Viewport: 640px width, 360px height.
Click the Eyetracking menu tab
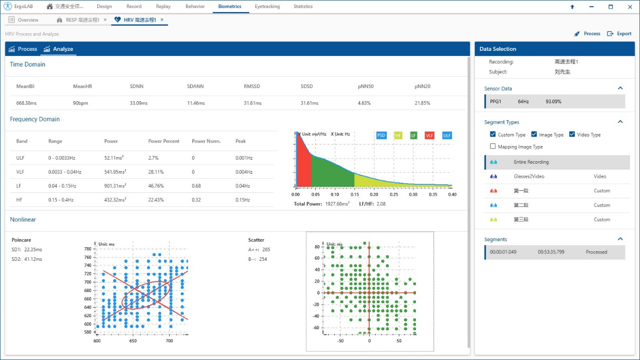click(x=267, y=7)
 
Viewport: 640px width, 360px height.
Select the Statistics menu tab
click(x=303, y=7)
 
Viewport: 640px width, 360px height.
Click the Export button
click(x=619, y=34)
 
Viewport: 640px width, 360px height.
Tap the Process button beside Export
click(x=588, y=34)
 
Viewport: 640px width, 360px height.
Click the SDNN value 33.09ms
click(x=138, y=103)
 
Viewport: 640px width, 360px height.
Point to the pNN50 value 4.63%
click(x=364, y=103)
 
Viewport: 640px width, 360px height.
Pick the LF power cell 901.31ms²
click(x=115, y=186)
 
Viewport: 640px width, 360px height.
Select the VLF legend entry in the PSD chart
click(x=430, y=135)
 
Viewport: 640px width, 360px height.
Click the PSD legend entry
click(x=381, y=135)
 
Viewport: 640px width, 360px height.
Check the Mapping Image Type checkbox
click(x=493, y=147)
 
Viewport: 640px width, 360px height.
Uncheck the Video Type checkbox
click(x=573, y=134)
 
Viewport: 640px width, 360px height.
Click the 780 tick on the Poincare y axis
click(x=88, y=249)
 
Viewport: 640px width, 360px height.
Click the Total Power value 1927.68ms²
click(x=338, y=204)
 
